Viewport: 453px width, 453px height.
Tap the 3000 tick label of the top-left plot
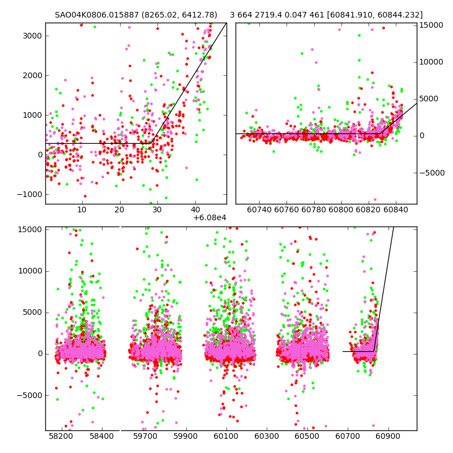coord(32,36)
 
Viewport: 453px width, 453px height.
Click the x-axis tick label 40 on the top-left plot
coord(195,210)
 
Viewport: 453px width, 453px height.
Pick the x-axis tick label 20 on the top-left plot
coord(119,210)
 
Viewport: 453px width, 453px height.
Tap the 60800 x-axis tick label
coord(341,210)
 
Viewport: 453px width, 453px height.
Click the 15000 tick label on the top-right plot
coord(431,25)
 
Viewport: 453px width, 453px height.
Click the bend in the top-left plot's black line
coord(152,143)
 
